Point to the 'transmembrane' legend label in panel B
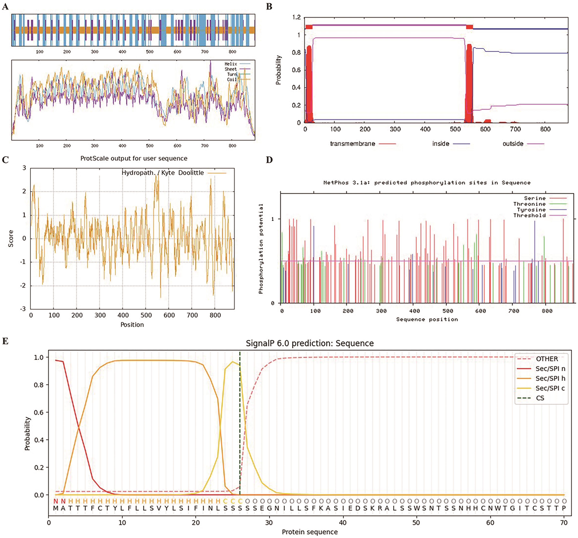[x=352, y=144]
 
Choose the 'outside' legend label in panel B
[x=513, y=144]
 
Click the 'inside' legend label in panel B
[x=440, y=144]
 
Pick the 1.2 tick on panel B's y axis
[x=297, y=17]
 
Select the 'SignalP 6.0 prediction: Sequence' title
[x=310, y=343]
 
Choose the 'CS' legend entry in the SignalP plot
[x=540, y=398]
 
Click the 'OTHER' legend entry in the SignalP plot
[x=547, y=359]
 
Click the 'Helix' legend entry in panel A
[x=230, y=64]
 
